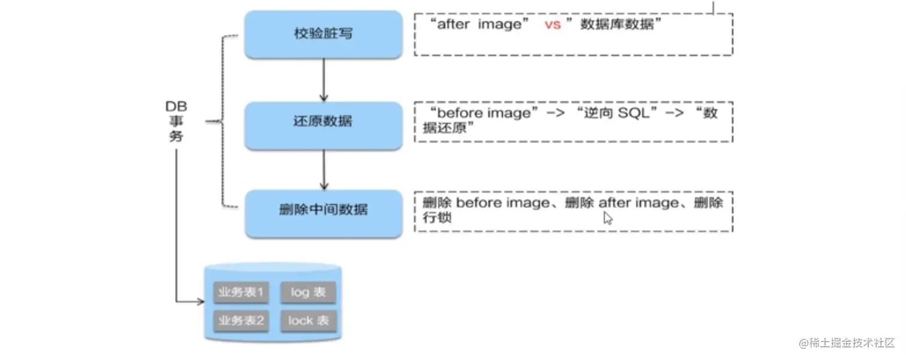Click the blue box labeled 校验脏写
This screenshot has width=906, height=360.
tap(323, 34)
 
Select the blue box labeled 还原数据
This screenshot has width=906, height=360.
tap(323, 122)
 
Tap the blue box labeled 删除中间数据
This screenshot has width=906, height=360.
tap(323, 210)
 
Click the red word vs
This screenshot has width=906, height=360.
tap(552, 25)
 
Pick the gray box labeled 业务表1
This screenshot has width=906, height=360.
tap(241, 293)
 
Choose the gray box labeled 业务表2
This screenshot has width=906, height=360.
tap(241, 321)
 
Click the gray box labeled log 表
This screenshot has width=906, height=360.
tap(308, 293)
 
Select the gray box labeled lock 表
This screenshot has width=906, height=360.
tap(308, 321)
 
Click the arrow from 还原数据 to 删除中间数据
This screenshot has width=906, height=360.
tap(324, 168)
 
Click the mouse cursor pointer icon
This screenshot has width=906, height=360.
tap(608, 218)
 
